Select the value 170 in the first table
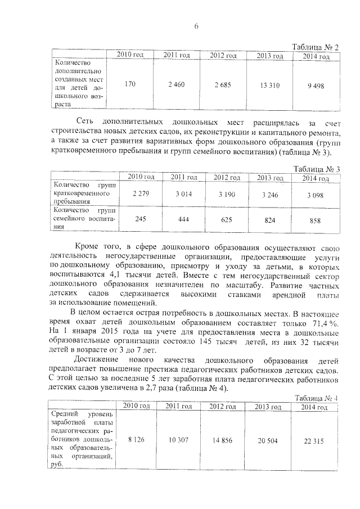point(130,85)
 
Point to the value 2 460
point(176,85)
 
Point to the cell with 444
point(183,220)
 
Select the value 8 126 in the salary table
point(137,440)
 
